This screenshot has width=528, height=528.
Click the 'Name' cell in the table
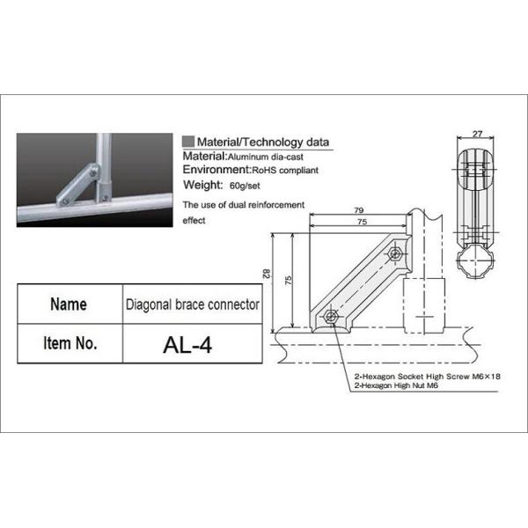click(69, 304)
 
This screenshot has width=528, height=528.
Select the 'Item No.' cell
click(69, 343)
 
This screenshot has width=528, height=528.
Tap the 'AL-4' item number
click(188, 343)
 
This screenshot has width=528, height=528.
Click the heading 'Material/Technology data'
click(263, 141)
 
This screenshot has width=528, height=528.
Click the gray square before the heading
click(187, 141)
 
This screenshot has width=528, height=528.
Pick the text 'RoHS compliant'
click(285, 170)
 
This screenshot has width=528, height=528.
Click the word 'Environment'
click(215, 170)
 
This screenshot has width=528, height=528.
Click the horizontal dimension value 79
click(358, 210)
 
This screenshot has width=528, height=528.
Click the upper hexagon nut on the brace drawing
click(395, 256)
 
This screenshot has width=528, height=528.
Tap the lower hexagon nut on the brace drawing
click(332, 317)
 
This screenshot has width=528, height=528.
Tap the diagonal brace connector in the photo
click(77, 188)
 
